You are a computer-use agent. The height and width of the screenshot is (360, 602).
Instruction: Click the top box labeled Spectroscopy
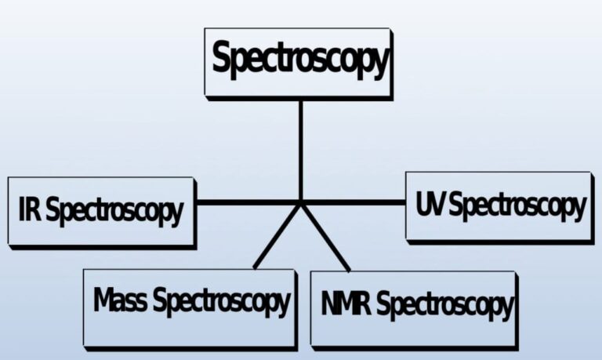pyautogui.click(x=298, y=62)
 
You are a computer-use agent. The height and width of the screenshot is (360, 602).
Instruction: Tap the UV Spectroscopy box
pyautogui.click(x=499, y=205)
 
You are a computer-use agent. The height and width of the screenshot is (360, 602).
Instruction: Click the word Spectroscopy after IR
pyautogui.click(x=114, y=212)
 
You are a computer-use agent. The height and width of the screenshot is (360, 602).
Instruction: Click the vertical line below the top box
pyautogui.click(x=300, y=149)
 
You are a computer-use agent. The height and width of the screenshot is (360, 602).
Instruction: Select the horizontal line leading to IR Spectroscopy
pyautogui.click(x=247, y=202)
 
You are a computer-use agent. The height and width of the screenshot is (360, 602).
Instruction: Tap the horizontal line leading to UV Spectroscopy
pyautogui.click(x=353, y=202)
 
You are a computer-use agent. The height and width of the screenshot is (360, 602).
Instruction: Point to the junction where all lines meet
pyautogui.click(x=300, y=203)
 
